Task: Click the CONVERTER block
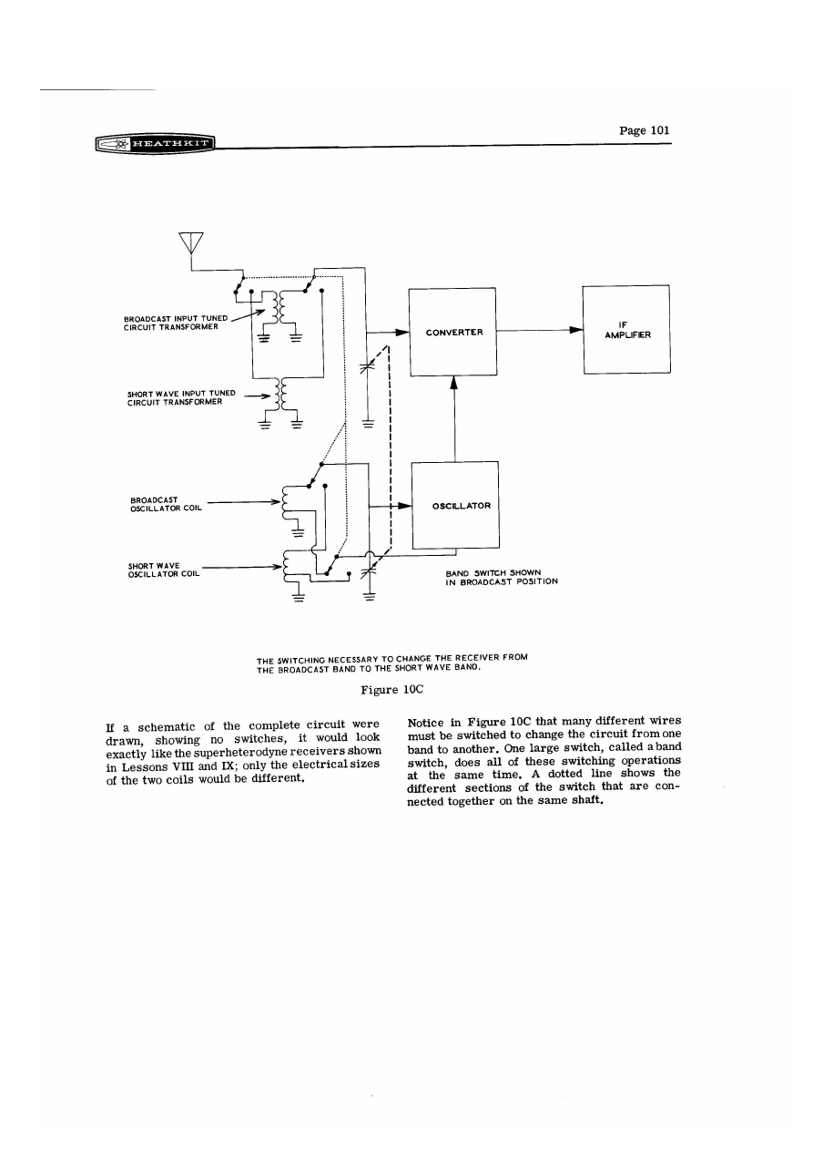coord(453,332)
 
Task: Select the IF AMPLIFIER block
coord(625,328)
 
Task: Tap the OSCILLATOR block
coord(454,506)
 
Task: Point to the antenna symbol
coord(191,242)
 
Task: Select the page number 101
coord(644,130)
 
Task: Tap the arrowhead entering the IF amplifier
coord(575,332)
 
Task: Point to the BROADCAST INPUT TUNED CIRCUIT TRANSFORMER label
coord(175,323)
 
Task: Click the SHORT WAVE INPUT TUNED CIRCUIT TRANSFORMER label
coord(181,397)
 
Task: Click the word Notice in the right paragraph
coord(428,723)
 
